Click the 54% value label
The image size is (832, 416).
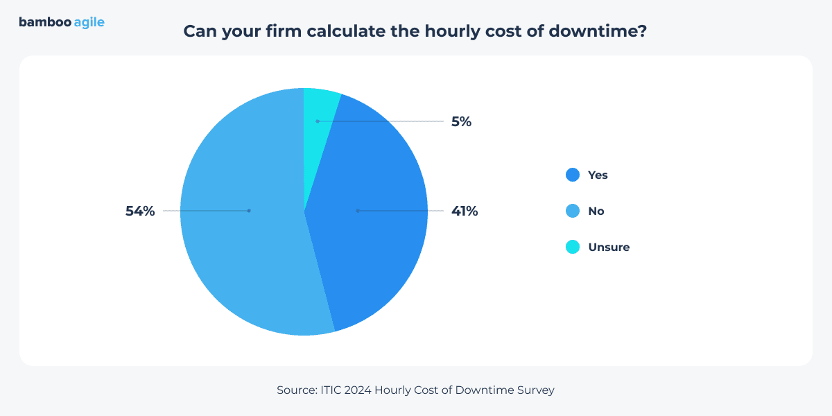click(140, 211)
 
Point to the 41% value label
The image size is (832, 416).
click(465, 211)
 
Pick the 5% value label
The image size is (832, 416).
click(461, 122)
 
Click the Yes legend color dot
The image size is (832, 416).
click(573, 175)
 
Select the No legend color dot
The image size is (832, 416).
click(573, 211)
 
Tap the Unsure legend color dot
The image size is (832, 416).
click(573, 247)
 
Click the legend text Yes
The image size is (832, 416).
click(598, 175)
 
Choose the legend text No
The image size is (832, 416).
click(596, 211)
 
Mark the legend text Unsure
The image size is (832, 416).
click(609, 247)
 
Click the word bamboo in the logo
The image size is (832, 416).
click(44, 22)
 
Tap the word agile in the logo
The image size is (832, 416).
click(89, 23)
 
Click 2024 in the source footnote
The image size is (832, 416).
click(360, 390)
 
